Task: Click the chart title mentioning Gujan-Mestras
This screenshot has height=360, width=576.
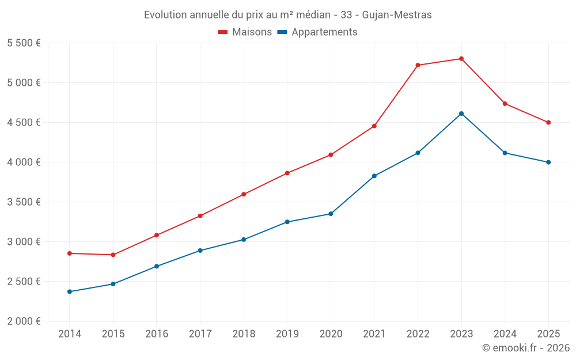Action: tap(287, 14)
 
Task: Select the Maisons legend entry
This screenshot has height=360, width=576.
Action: tap(245, 32)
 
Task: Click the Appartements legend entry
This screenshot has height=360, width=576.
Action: tap(317, 32)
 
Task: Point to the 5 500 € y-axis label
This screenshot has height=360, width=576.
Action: tap(24, 43)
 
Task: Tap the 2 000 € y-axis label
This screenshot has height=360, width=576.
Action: tap(24, 321)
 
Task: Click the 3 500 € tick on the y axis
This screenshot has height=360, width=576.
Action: tap(24, 202)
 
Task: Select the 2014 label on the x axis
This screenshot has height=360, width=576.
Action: tap(70, 334)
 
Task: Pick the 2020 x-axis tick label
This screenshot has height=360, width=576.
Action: tap(331, 334)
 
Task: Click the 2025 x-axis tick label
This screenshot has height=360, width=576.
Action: tap(548, 334)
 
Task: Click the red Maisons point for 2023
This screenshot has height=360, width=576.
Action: tap(461, 59)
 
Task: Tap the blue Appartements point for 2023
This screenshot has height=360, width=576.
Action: tap(461, 113)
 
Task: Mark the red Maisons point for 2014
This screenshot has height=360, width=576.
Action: tap(70, 253)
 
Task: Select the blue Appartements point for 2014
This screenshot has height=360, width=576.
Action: tap(70, 291)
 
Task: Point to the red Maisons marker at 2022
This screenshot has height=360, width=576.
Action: tap(418, 65)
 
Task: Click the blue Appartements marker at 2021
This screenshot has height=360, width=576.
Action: tap(374, 176)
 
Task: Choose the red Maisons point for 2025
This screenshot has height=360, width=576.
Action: tap(548, 122)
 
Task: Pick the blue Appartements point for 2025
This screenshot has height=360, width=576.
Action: tap(548, 162)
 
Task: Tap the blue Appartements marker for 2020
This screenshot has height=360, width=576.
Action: tap(331, 214)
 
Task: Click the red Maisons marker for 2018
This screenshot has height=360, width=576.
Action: tap(244, 194)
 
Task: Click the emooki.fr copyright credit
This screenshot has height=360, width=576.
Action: tap(525, 348)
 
